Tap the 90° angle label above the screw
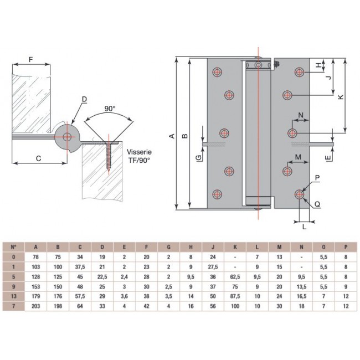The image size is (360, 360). coord(109,109)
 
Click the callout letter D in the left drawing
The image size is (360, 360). coord(84,99)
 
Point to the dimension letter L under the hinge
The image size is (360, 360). coord(304,227)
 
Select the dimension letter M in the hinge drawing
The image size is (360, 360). coord(299,158)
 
